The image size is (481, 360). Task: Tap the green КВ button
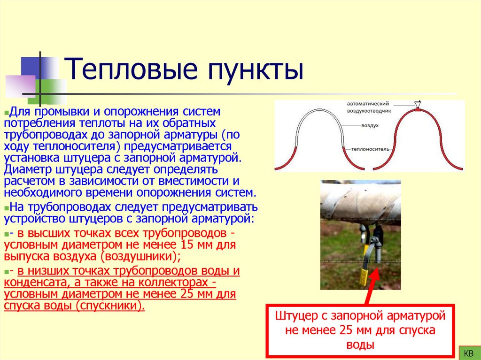click(x=468, y=352)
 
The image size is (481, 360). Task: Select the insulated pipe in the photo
click(x=360, y=202)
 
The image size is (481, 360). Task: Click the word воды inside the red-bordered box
click(x=360, y=345)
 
